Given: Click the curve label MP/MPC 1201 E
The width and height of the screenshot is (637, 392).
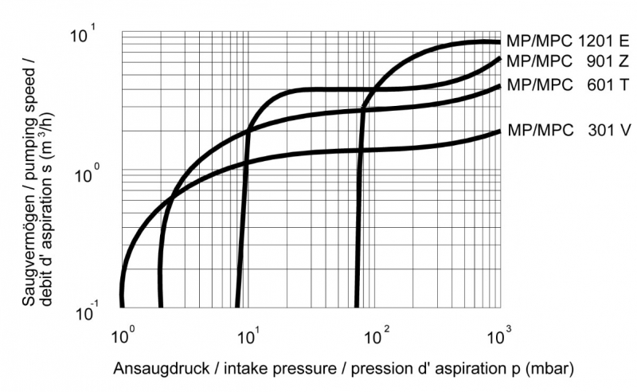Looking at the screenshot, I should tap(568, 41).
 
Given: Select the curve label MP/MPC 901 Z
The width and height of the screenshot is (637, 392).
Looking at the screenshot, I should tap(568, 61).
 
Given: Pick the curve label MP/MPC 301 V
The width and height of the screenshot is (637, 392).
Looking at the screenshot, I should tap(568, 130).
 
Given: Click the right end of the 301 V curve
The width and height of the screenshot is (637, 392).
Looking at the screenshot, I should tap(499, 131).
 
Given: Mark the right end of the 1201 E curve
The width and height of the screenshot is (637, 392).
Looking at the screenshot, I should tap(499, 41).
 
